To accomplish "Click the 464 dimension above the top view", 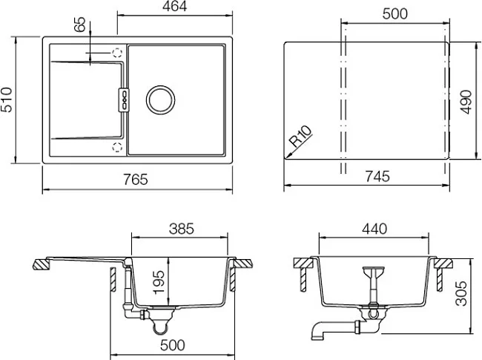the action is click(174, 7).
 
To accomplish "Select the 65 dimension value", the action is click(80, 24).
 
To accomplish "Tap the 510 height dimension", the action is click(7, 99).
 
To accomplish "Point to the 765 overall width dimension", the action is click(136, 180).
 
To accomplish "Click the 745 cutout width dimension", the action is click(377, 177).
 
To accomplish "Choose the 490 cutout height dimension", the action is click(466, 102).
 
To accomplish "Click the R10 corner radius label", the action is click(301, 137).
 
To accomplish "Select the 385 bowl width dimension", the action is click(182, 229).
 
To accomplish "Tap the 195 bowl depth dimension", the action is click(159, 282).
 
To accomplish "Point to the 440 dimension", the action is click(374, 229).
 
